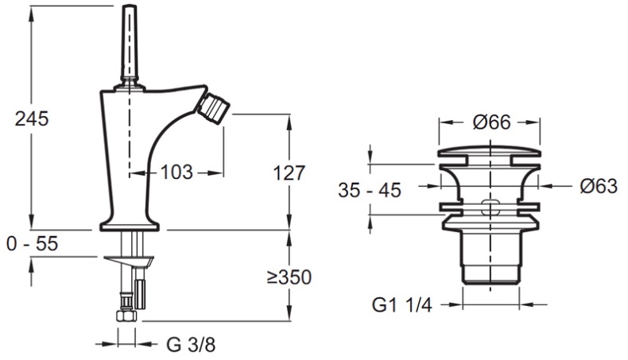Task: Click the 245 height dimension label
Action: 32,119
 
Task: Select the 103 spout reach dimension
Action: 176,172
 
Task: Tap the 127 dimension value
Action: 289,173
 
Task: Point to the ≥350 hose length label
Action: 289,277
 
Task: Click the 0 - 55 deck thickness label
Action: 33,243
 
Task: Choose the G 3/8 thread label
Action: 191,344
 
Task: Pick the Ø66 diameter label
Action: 492,122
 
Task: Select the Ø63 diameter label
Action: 599,186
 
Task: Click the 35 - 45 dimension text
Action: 370,190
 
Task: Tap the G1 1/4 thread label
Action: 402,305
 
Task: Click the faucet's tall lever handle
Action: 130,43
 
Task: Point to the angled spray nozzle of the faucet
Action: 214,109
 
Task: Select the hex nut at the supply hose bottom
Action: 126,315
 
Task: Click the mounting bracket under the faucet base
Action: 129,261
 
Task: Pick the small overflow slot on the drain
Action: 490,207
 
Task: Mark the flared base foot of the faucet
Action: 130,224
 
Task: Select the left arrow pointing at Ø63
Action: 430,186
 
